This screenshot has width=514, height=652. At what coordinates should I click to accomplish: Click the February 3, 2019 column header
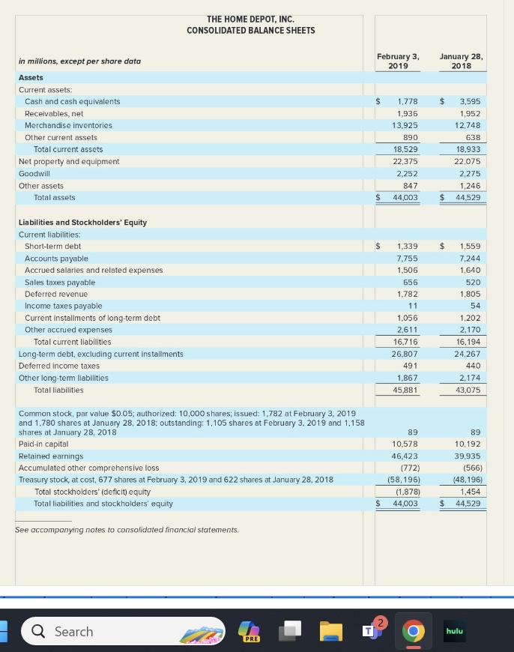[x=398, y=61]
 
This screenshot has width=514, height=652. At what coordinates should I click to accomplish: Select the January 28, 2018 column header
[x=462, y=61]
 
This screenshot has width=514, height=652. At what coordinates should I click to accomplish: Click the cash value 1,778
[x=408, y=101]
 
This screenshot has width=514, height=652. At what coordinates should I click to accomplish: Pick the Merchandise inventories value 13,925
[x=405, y=125]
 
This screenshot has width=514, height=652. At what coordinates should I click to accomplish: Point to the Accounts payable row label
[x=56, y=258]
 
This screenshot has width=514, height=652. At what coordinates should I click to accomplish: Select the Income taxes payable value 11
[x=413, y=306]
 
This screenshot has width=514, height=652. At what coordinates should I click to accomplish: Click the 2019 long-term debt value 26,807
[x=405, y=354]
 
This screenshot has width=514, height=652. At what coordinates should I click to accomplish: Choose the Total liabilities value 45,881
[x=405, y=390]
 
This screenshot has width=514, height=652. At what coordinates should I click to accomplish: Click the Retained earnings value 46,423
[x=405, y=456]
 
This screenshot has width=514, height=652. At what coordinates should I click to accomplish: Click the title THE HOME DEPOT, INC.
[x=250, y=19]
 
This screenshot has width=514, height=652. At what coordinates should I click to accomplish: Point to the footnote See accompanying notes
[x=127, y=530]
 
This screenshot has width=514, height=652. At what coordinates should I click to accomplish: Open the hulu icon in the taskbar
[x=454, y=631]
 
